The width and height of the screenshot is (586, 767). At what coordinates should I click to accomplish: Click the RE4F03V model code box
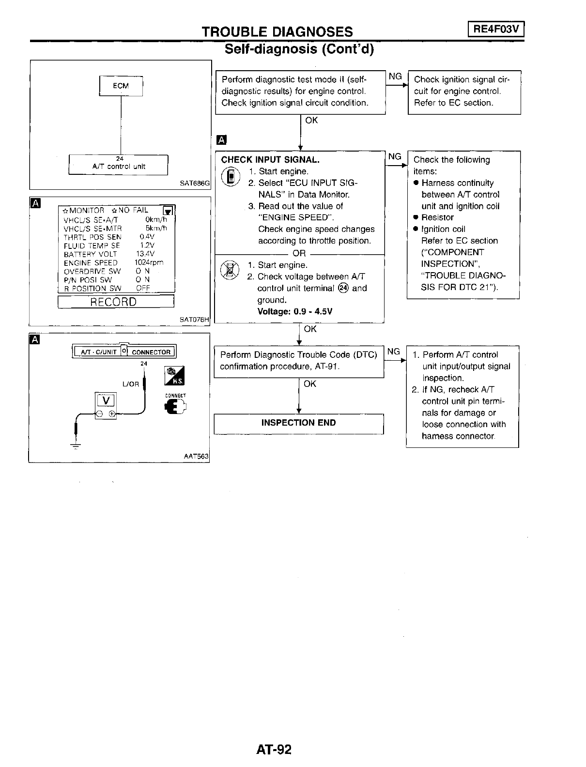[496, 30]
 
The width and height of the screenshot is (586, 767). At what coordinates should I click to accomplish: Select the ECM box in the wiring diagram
[121, 86]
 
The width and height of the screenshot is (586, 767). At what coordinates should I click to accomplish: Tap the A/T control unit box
[119, 165]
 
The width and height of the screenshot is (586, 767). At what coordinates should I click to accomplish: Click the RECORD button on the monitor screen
[116, 302]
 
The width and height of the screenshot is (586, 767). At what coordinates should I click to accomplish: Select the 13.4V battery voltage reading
[145, 254]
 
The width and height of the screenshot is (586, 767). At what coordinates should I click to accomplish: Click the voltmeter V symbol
[106, 400]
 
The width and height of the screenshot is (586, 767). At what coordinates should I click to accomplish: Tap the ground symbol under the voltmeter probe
[76, 445]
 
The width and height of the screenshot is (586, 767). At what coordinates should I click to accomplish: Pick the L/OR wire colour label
[131, 384]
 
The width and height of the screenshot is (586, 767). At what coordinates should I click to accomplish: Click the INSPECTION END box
[298, 423]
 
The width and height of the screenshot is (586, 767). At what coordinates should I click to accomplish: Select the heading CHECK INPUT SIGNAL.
[270, 160]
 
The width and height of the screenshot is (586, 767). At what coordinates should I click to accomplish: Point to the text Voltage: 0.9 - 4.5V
[294, 311]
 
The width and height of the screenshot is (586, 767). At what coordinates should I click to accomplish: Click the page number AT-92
[274, 750]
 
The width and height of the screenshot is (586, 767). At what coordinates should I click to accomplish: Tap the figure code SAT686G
[195, 184]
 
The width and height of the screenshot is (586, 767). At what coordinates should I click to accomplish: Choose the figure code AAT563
[196, 456]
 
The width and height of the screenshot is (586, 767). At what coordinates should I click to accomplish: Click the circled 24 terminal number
[343, 288]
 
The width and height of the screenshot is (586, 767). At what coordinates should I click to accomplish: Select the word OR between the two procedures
[299, 253]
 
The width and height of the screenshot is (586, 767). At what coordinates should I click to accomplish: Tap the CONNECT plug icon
[175, 407]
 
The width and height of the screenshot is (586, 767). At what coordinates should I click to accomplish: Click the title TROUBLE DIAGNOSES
[277, 32]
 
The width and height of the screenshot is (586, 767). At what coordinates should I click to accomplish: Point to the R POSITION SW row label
[93, 289]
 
